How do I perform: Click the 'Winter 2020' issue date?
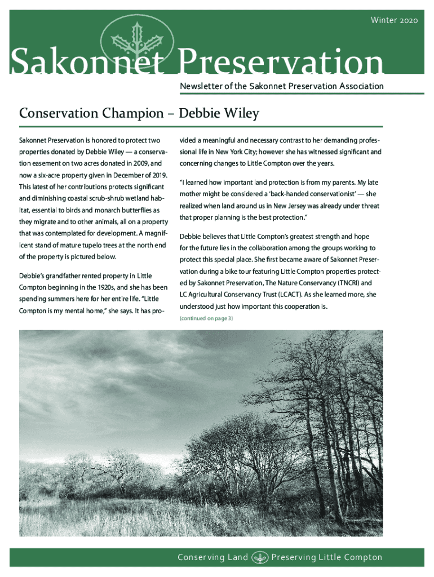[394, 21]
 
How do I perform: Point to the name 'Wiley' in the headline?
[239, 114]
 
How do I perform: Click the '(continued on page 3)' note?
[206, 319]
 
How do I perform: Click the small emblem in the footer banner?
[259, 557]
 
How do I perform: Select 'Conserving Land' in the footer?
[212, 557]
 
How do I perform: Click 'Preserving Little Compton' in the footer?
[327, 557]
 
